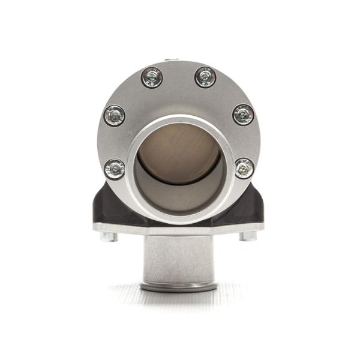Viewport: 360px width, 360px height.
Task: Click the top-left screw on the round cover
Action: [x=152, y=77]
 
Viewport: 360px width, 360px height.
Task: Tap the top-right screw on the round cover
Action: [x=205, y=77]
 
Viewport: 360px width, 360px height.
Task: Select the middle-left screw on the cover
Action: [x=114, y=115]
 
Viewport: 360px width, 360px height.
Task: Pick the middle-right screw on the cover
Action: [x=243, y=114]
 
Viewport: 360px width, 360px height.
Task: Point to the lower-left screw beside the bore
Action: [x=115, y=169]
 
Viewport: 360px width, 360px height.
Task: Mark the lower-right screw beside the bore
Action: [x=244, y=168]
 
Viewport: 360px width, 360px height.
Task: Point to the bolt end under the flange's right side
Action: [x=248, y=236]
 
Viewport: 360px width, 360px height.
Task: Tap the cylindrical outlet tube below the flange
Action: [x=178, y=258]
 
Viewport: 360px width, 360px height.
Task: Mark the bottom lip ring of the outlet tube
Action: [x=178, y=287]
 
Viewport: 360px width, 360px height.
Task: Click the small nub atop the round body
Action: [x=171, y=59]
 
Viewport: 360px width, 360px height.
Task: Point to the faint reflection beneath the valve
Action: [x=178, y=303]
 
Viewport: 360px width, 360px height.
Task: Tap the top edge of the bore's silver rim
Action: [x=178, y=120]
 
